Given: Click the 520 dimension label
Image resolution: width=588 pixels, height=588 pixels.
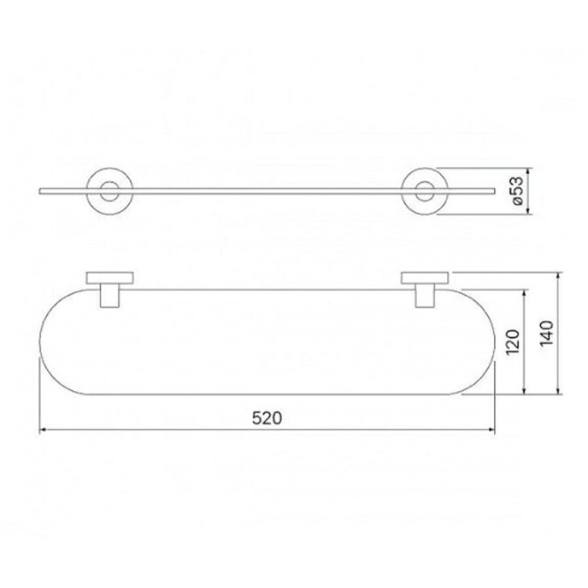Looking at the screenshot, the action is tap(267, 417).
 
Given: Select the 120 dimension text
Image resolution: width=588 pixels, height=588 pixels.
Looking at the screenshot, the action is tap(512, 342).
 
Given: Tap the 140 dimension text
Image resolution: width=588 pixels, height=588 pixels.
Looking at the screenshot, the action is tap(546, 334).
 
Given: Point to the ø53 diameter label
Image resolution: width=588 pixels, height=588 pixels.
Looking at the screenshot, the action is tap(517, 191).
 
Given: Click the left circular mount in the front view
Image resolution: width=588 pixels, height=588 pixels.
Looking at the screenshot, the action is tap(87, 191).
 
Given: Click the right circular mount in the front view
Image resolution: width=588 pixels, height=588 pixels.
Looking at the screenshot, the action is tap(401, 191).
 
